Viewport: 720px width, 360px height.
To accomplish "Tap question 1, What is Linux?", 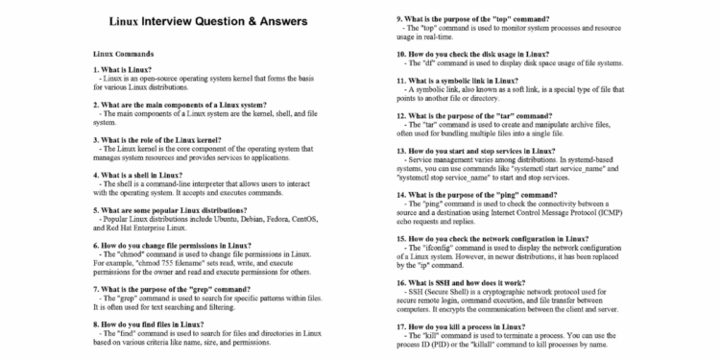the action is pos(124,71).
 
